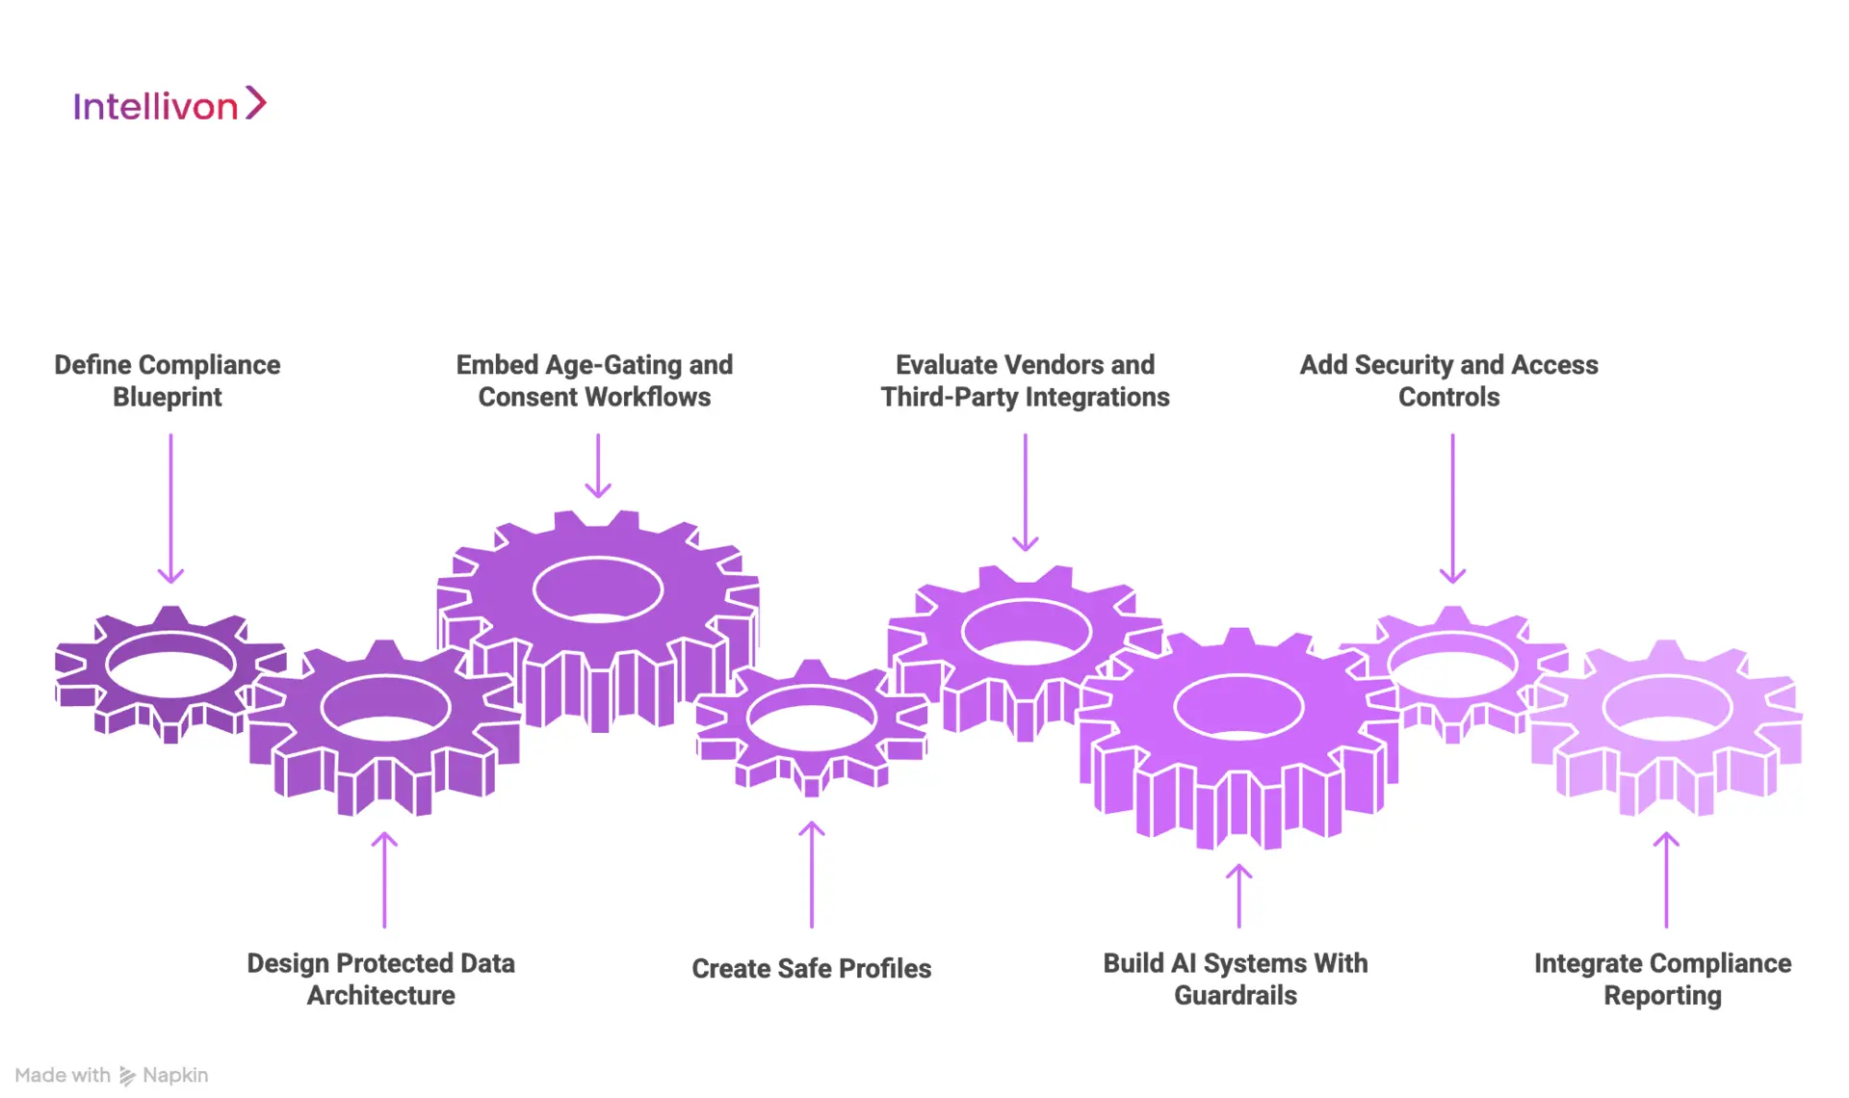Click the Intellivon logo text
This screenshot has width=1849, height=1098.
(x=155, y=106)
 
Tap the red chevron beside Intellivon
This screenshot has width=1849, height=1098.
(x=255, y=103)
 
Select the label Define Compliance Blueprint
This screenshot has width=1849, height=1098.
(x=168, y=380)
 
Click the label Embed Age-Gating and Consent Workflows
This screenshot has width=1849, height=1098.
(x=594, y=380)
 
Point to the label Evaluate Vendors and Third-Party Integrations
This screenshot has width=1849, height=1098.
(x=1025, y=380)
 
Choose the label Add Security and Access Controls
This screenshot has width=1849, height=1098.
(x=1448, y=380)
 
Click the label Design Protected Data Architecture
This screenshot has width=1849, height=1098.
(x=381, y=979)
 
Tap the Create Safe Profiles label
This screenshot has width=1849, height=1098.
(x=811, y=968)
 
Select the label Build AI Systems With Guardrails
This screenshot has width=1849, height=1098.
(x=1236, y=979)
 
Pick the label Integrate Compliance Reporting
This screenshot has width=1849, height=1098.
(x=1662, y=979)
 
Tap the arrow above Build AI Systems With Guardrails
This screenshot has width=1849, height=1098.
(x=1239, y=896)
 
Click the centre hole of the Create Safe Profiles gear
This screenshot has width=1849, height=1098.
(x=812, y=718)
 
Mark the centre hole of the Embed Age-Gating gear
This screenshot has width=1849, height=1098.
(x=598, y=588)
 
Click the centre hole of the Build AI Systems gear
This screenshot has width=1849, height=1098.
(x=1238, y=707)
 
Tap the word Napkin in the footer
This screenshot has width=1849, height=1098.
(x=175, y=1075)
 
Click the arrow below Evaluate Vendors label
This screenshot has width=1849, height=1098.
(x=1026, y=492)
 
